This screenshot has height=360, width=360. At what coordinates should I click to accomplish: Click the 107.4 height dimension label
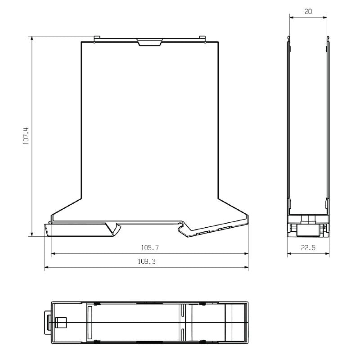point(26,135)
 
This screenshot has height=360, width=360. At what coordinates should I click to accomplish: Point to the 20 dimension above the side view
point(308,12)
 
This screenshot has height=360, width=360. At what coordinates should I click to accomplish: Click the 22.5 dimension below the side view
point(308,247)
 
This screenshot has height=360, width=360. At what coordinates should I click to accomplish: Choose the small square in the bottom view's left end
point(60,323)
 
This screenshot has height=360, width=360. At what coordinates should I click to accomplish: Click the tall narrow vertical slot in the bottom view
point(89,323)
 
